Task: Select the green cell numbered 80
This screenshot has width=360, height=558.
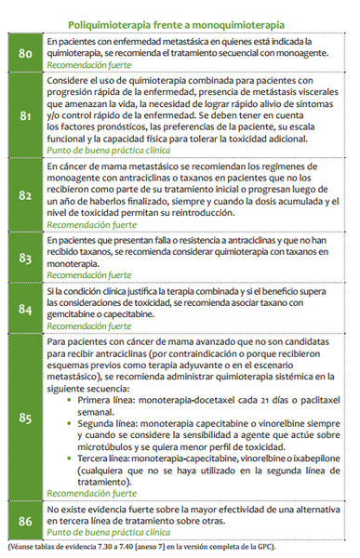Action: pos(23,54)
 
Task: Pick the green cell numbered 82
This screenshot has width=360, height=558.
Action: pos(23,195)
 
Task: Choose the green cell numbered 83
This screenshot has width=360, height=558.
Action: pos(23,257)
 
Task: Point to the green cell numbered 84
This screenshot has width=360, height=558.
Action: pos(23,308)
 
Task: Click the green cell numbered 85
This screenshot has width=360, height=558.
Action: pos(23,418)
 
